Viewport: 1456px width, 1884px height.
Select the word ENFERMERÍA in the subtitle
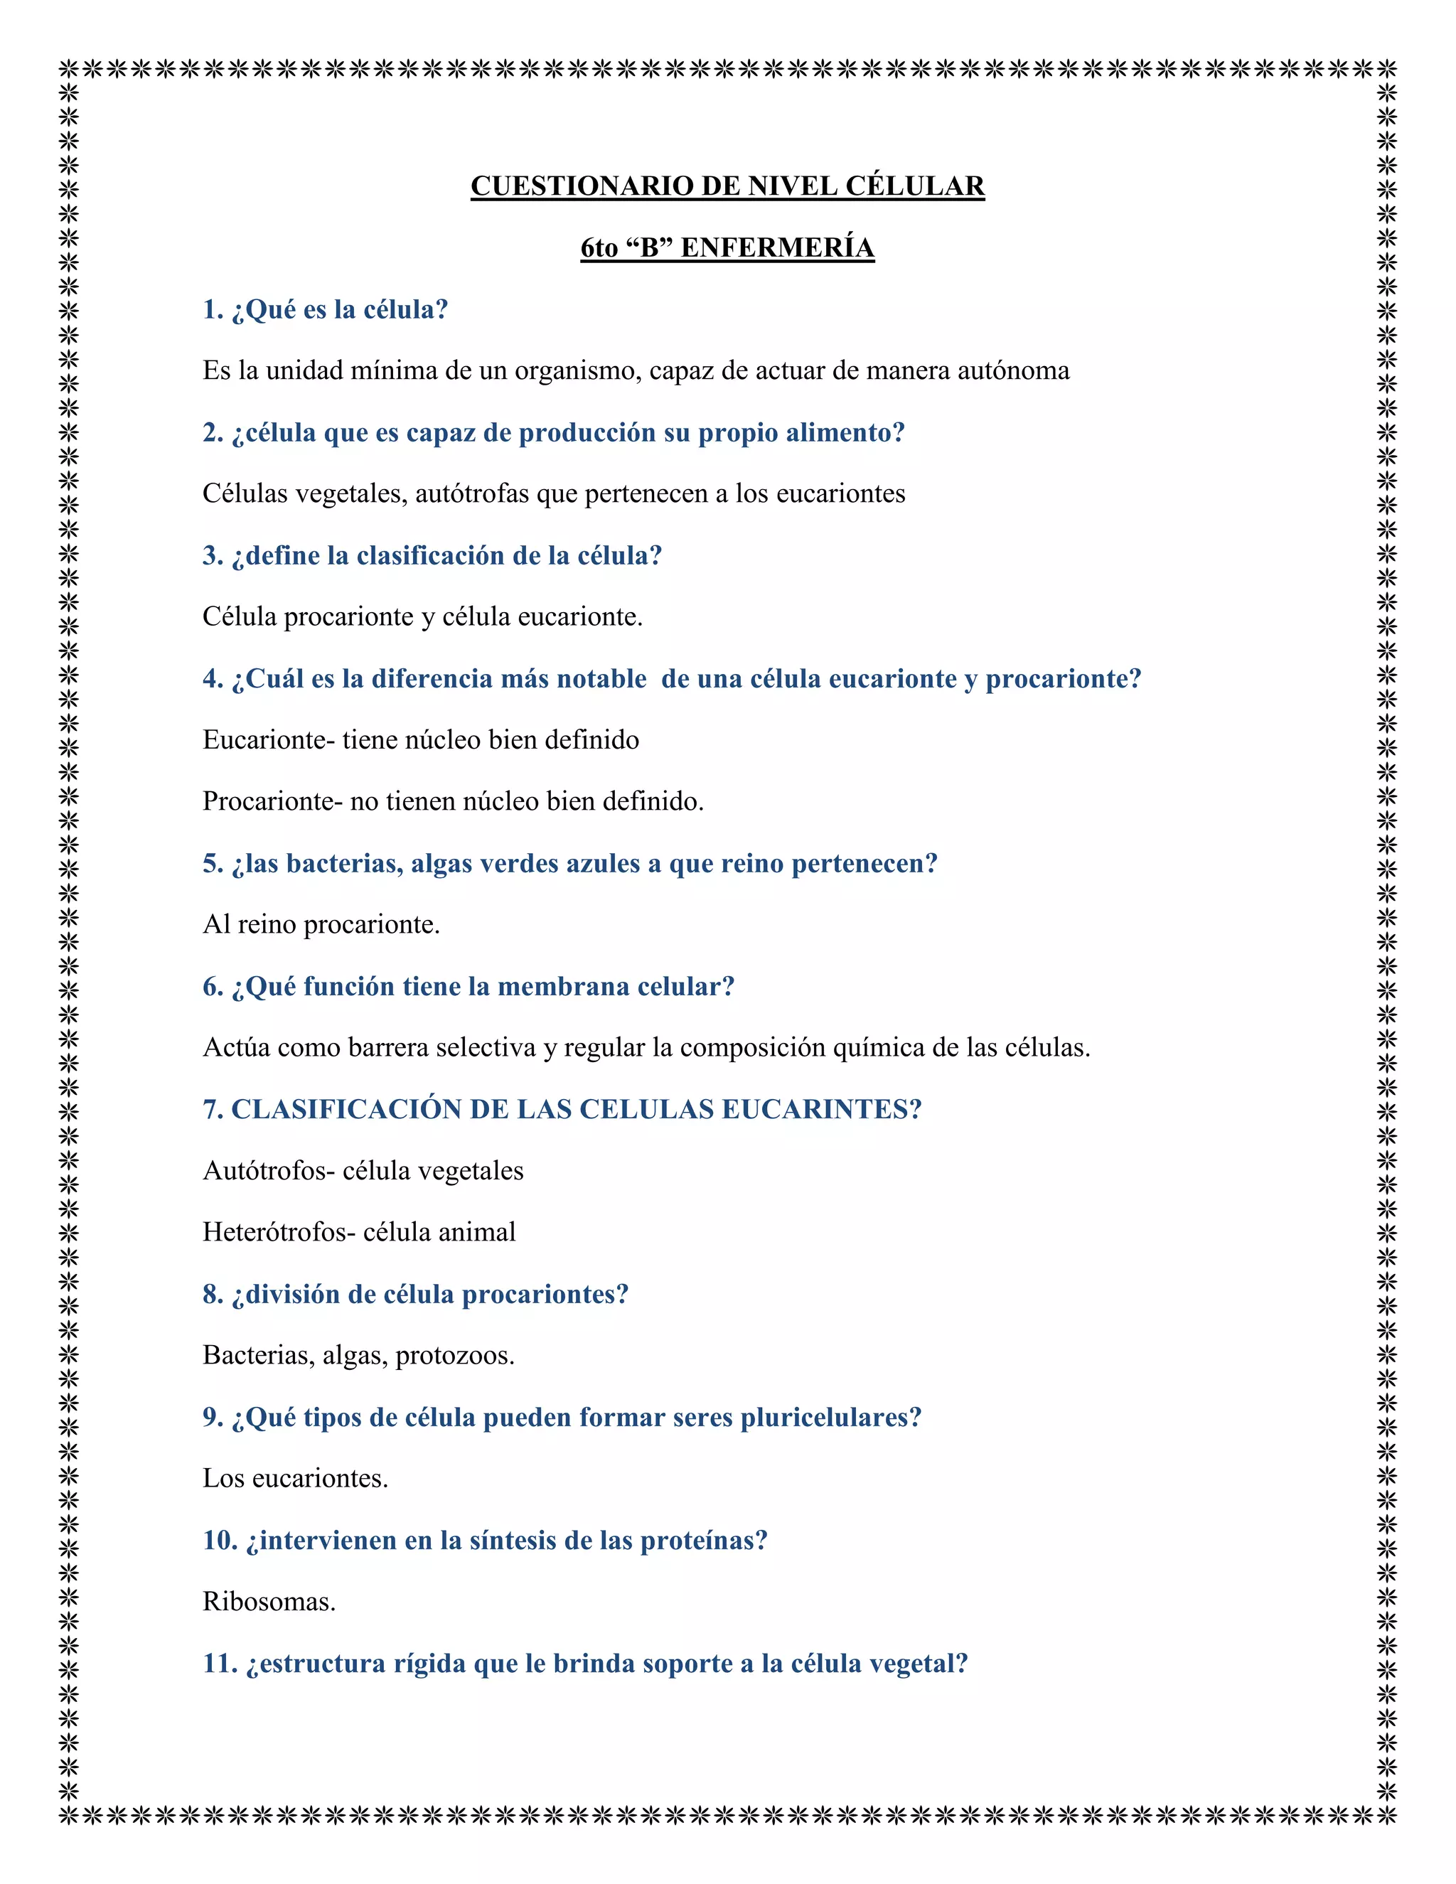point(777,248)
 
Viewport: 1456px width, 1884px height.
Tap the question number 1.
point(211,310)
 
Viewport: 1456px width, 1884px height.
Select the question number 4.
point(211,680)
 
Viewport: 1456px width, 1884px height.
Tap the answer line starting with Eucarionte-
point(421,740)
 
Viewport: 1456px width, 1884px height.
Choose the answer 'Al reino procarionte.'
point(321,926)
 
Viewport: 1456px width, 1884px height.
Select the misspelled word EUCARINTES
point(821,1110)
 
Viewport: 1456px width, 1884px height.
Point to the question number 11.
point(219,1664)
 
